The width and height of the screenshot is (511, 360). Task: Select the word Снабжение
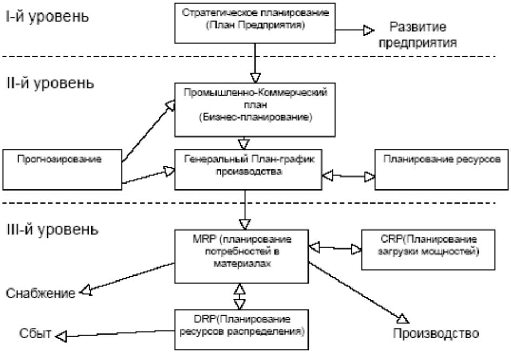point(41,293)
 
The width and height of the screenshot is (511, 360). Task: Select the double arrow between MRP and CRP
point(334,249)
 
